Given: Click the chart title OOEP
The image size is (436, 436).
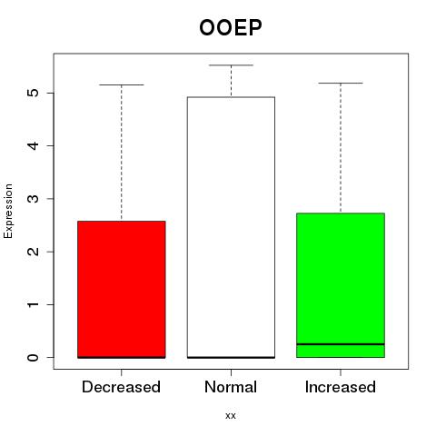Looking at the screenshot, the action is pos(231,27).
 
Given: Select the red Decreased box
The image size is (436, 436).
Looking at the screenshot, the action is pos(122,290).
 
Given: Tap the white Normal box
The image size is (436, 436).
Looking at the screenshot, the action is pos(231,227).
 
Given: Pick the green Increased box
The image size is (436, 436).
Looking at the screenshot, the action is pos(341,285).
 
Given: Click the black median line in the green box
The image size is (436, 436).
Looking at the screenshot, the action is pos(341,344).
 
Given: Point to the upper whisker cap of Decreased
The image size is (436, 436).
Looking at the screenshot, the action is pos(122,84).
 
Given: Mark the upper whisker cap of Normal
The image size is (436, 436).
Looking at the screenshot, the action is pos(231,65).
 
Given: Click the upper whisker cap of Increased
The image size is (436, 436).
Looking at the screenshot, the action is pos(341,83).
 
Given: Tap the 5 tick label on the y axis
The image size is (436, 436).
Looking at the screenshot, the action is pos(34,93).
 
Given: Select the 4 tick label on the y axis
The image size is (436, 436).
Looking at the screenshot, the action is pos(34,145).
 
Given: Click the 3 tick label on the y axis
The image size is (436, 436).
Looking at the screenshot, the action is pos(34,199).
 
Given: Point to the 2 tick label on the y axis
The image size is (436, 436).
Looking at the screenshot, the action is pos(34,252).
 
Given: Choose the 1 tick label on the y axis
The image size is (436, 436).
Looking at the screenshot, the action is pos(34,304).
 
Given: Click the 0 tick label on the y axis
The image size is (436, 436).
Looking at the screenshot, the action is pos(34,357).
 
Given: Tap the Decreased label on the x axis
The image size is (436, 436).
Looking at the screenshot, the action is pos(121,387).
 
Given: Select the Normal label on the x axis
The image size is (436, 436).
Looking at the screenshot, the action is pos(231,387).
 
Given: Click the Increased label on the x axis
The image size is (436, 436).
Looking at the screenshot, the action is pos(341,387).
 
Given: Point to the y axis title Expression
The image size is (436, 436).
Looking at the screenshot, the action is pos(8,211).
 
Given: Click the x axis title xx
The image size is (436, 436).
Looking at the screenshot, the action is pos(231,416).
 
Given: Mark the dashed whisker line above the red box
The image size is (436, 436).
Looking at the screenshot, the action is pos(122,153).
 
